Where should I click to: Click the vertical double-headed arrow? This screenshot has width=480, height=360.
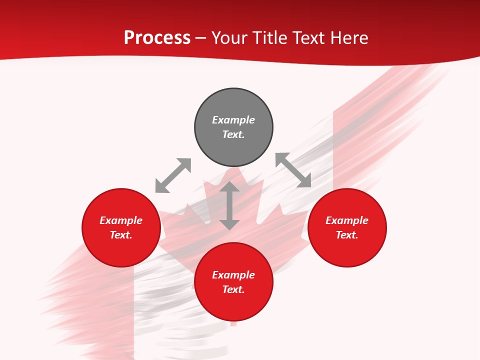point(229,206)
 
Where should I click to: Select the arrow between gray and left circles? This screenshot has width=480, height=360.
point(173,175)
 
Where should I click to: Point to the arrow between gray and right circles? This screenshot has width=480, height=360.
point(293,170)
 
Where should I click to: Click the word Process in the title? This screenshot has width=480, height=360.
point(157,37)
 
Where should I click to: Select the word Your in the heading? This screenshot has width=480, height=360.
point(229,37)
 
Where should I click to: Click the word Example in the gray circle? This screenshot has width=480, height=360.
point(233,120)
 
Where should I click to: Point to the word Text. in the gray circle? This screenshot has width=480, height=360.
point(233,134)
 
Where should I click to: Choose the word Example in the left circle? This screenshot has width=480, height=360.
point(121,220)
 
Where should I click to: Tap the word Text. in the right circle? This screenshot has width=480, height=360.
point(347,235)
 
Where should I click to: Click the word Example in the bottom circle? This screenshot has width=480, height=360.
point(233,275)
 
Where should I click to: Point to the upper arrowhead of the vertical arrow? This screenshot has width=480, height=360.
point(229,187)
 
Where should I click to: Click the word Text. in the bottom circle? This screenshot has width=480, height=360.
point(233,289)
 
